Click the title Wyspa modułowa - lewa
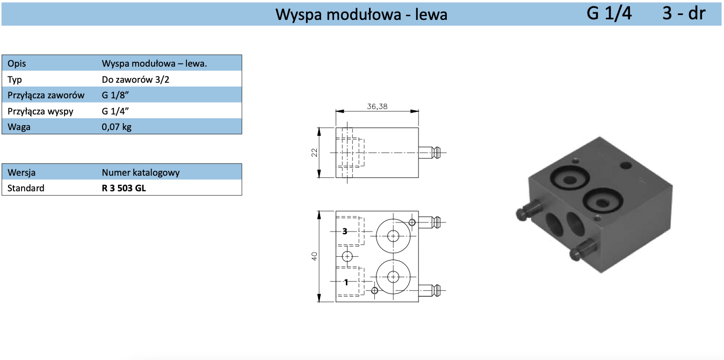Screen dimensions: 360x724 361,14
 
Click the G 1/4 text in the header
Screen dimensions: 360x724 609,13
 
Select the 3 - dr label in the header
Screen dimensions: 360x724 683,13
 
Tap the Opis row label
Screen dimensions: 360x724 17,63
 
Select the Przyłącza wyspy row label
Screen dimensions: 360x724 41,112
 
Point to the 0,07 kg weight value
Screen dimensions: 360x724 117,127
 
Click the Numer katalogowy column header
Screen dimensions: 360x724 141,172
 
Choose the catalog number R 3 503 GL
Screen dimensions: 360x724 124,188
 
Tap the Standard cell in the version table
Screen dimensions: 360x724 26,188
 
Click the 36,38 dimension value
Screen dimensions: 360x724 377,106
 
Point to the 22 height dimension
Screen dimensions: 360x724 315,153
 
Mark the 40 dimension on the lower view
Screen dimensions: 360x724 315,256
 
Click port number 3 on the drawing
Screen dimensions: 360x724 345,231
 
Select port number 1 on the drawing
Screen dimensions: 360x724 346,282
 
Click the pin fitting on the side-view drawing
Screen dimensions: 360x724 431,153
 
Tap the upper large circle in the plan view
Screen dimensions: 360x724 393,235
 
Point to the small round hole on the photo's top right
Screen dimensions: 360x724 626,164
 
